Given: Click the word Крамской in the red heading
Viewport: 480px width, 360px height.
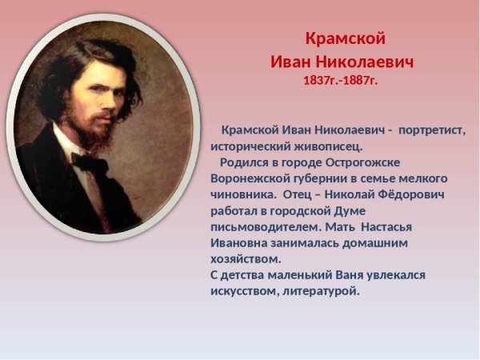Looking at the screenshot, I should click(x=346, y=38).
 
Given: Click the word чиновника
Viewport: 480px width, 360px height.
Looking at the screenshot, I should click(x=242, y=194).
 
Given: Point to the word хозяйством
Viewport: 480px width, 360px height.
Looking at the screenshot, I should click(x=244, y=259).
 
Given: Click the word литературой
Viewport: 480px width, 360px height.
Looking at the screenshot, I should click(x=320, y=291).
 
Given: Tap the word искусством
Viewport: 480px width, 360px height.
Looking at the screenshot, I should click(x=243, y=291).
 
